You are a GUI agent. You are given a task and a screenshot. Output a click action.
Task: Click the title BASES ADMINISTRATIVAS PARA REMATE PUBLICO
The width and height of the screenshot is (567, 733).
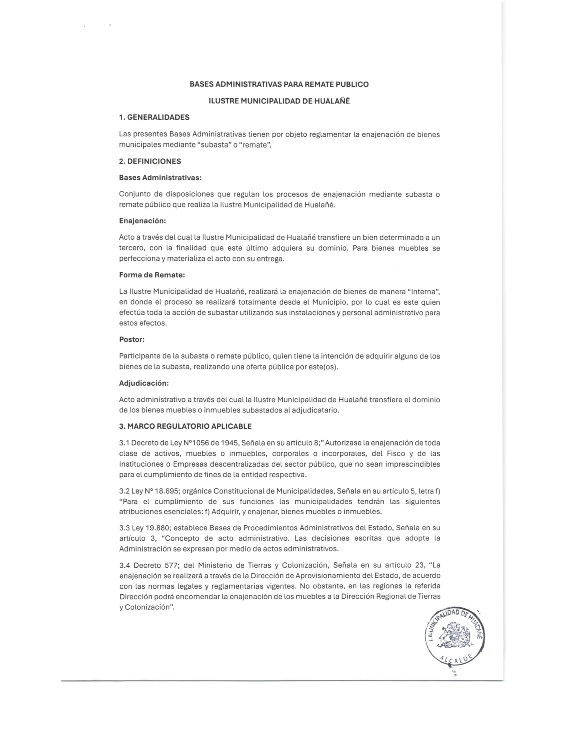pos(279,84)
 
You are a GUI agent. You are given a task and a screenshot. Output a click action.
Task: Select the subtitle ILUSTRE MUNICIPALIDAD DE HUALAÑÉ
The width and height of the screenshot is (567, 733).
pos(279,101)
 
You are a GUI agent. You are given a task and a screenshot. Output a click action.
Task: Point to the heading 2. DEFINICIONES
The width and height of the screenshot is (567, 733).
pos(150,161)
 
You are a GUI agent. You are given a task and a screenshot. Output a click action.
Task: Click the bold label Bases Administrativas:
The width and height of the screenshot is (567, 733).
pos(160,178)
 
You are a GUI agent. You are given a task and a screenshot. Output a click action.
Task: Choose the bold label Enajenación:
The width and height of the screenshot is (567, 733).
pos(143,221)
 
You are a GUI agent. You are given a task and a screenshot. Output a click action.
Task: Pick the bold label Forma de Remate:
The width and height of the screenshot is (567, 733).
pos(152,275)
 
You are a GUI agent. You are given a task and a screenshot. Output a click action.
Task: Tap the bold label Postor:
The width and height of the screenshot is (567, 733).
pos(132,339)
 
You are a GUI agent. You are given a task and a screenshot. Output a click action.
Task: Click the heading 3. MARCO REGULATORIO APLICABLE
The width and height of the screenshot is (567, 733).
pos(185,426)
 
